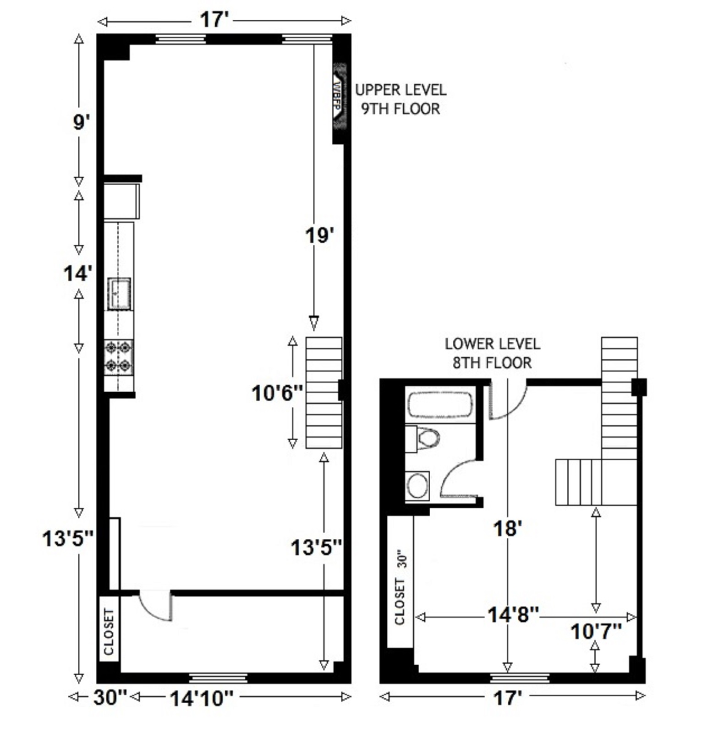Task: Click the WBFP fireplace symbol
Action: click(339, 97)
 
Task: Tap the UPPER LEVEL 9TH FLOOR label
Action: click(400, 99)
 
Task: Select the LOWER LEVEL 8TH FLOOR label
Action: click(492, 353)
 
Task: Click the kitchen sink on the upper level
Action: click(119, 294)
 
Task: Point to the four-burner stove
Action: click(119, 357)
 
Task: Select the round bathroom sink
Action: click(417, 486)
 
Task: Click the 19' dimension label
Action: click(319, 235)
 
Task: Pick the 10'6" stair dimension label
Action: click(277, 393)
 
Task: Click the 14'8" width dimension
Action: click(513, 615)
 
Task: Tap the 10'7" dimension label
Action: click(595, 632)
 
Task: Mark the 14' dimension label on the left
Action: click(77, 274)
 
